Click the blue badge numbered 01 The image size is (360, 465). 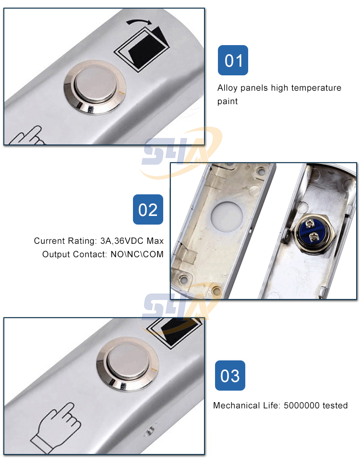pos(233,60)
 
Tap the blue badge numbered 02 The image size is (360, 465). pos(148,209)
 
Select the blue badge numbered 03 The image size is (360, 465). pos(230,375)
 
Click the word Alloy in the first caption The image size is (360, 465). pos(227,88)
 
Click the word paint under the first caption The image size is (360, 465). pos(228,101)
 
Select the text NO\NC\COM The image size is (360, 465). pos(137,254)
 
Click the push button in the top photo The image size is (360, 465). pos(95,87)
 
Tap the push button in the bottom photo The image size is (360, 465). pos(128,364)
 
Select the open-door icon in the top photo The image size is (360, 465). pos(142,49)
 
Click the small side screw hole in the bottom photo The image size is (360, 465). pos(150,429)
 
